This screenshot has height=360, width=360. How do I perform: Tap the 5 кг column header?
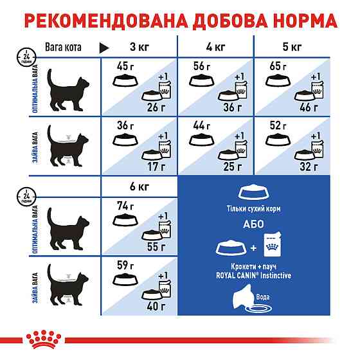[292, 48]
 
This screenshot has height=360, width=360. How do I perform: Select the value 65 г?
[278, 67]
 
